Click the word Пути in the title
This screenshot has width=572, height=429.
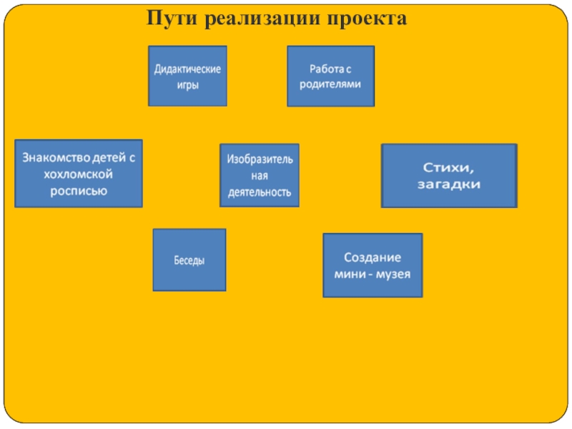pos(172,17)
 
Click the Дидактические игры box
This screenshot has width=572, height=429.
pos(187,76)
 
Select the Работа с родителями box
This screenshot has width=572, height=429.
pos(330,77)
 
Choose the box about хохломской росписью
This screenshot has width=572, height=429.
pos(79,173)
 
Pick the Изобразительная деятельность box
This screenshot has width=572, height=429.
pos(260,175)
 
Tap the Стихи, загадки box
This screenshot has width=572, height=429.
pos(449,176)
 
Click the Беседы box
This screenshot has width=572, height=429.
pos(189,260)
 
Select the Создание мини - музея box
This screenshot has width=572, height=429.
pos(373,265)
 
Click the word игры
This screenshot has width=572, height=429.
pos(187,84)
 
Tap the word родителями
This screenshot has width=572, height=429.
pos(330,84)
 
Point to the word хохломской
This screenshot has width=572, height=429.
pos(79,174)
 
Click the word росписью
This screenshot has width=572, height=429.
pos(79,190)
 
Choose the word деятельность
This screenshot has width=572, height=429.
pos(260,192)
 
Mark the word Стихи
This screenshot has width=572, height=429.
pos(449,167)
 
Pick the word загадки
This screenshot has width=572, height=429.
pos(449,184)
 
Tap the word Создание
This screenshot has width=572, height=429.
pos(373,257)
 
